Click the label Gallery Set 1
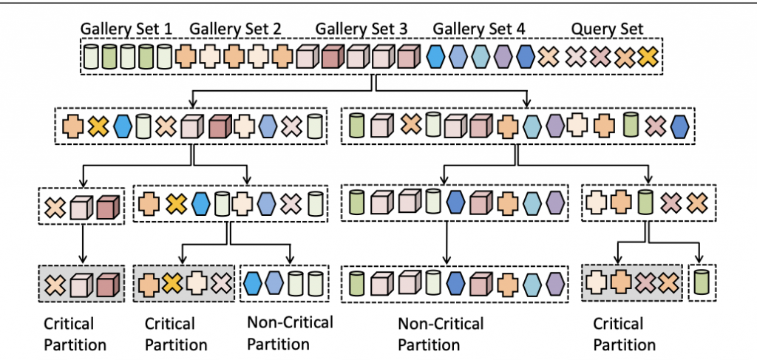click(126, 30)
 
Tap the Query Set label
click(607, 30)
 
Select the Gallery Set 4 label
click(479, 30)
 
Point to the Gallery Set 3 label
click(361, 30)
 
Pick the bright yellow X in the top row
click(648, 56)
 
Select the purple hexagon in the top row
click(503, 56)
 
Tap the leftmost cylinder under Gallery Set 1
click(92, 57)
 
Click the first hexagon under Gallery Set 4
click(437, 56)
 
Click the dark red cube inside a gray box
click(107, 283)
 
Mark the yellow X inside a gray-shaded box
click(172, 282)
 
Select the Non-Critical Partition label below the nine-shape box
click(441, 334)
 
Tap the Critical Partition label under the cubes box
click(75, 334)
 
